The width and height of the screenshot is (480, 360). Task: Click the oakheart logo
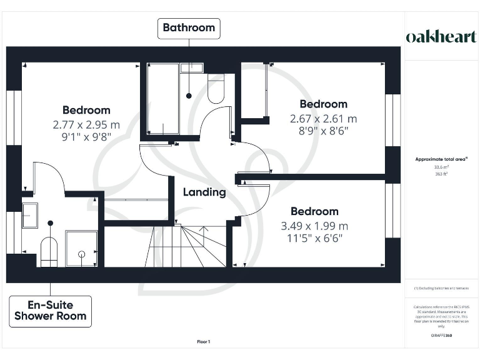coord(441,36)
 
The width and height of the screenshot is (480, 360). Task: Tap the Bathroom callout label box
coord(189,27)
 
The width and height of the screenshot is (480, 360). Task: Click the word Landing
coord(204,192)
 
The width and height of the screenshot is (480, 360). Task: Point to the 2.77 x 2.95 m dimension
coord(86,125)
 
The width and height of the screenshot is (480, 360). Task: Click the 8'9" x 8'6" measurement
coord(323,131)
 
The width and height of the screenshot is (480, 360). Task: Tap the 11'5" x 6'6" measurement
coord(314,238)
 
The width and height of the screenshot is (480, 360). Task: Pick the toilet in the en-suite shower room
coord(49,252)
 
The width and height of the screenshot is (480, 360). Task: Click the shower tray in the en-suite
coord(81,249)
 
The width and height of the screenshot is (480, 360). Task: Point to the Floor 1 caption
coord(203,342)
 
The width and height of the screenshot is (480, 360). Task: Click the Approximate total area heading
coord(441,159)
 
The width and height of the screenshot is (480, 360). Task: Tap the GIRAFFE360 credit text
coord(441,336)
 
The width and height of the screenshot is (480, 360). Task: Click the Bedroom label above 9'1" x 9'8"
coord(86,111)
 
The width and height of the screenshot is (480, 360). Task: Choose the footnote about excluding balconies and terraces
coord(441,288)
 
